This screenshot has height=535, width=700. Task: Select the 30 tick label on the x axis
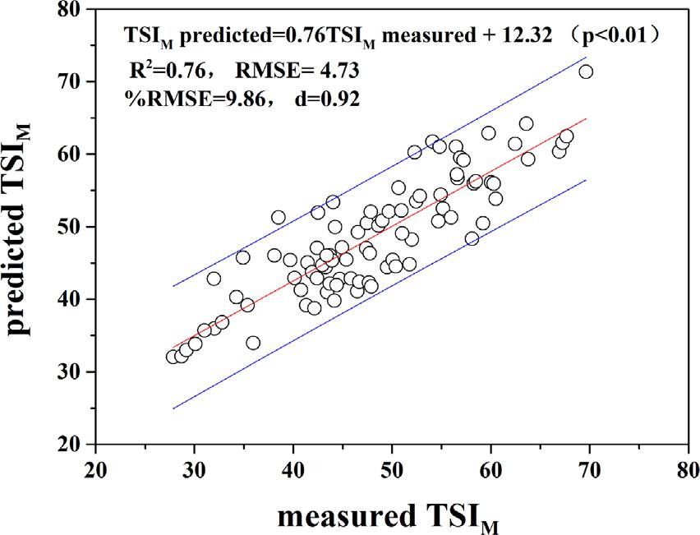click(x=195, y=465)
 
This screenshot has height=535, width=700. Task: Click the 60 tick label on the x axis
click(x=490, y=465)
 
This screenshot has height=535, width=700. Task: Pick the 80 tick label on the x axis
click(x=688, y=465)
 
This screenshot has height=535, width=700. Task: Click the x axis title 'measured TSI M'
click(x=389, y=516)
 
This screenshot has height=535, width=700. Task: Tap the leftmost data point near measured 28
click(x=173, y=357)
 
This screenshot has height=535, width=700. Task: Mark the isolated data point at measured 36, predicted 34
click(x=253, y=343)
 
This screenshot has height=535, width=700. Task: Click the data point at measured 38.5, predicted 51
click(x=278, y=218)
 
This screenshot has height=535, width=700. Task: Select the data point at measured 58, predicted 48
click(x=472, y=239)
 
